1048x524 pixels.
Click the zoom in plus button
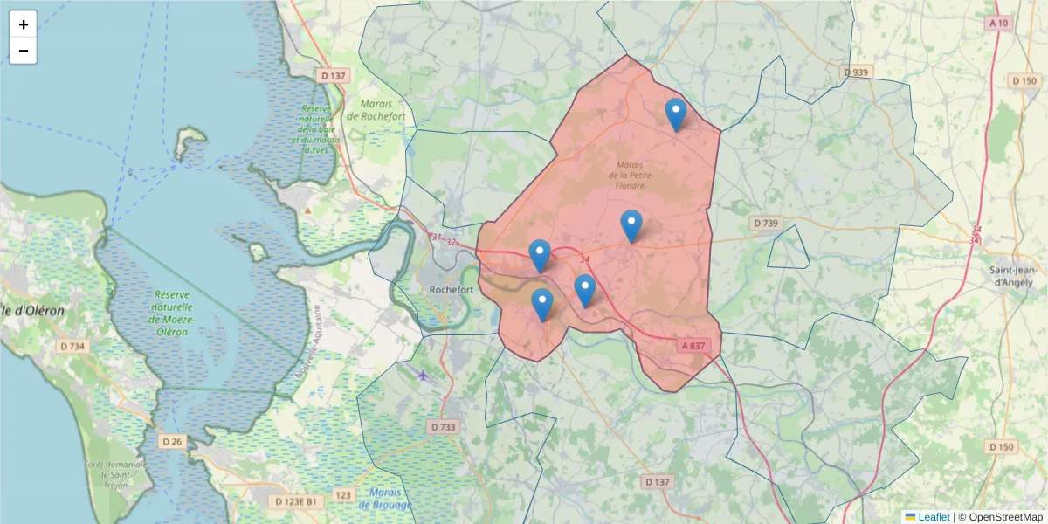click(24, 24)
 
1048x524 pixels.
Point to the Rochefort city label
click(452, 290)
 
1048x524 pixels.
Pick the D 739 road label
click(765, 224)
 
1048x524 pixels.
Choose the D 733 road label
click(444, 427)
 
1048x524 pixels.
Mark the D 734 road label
click(73, 347)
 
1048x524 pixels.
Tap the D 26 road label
click(172, 441)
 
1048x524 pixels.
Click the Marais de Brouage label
click(385, 499)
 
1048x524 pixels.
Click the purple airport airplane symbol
click(424, 376)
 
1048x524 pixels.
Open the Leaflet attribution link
click(934, 517)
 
